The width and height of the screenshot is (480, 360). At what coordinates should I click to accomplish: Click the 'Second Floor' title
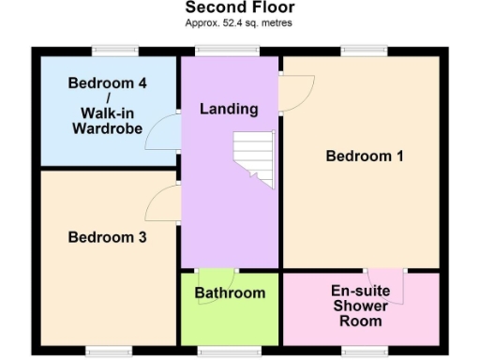point(240,8)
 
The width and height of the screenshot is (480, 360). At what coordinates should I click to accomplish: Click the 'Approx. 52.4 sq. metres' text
point(240,22)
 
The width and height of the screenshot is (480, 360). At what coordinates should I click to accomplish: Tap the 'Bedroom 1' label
point(364,156)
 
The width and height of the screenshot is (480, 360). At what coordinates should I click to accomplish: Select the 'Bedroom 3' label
point(107,237)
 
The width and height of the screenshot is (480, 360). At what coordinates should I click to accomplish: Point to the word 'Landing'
point(229,109)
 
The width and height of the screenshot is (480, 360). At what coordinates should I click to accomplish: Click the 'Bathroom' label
point(230,292)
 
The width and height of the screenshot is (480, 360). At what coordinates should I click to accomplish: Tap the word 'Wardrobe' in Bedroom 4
point(107,128)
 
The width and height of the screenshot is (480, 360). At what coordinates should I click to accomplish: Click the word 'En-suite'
point(361,291)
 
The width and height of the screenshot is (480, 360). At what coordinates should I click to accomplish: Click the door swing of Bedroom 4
point(167,131)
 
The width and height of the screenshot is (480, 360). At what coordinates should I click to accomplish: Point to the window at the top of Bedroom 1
point(361,50)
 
